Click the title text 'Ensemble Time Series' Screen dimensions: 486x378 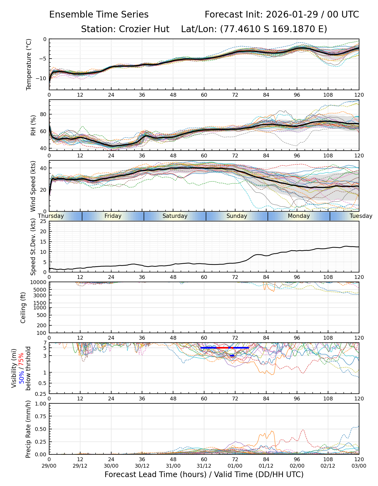[99, 15]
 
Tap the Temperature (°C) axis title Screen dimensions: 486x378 [29, 64]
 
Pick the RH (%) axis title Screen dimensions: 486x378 [33, 125]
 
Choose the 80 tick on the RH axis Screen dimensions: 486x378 [43, 114]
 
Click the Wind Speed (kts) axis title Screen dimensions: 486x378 [33, 186]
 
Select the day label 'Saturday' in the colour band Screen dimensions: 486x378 [175, 216]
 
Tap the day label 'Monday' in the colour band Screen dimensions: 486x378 [299, 216]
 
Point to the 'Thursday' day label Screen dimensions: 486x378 [51, 216]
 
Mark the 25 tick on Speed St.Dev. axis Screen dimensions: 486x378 [43, 221]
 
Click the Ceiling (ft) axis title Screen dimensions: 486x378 [23, 308]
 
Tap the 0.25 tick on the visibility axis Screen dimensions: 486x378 [41, 394]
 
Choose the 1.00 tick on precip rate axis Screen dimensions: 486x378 [40, 404]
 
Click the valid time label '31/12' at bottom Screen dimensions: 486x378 [204, 466]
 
